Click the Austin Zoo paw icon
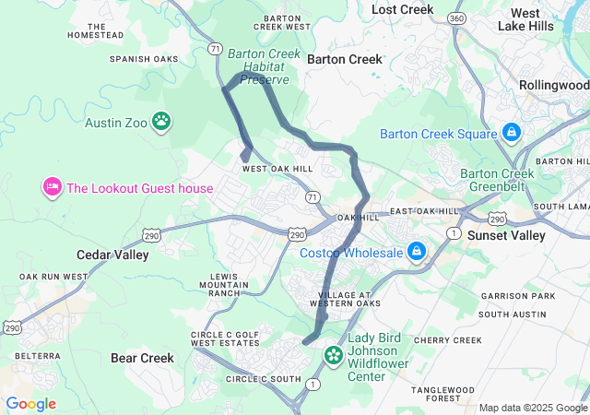pyautogui.click(x=162, y=121)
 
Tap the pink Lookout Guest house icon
pyautogui.click(x=51, y=188)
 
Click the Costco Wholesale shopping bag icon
pyautogui.click(x=417, y=252)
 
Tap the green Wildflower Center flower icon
pyautogui.click(x=333, y=355)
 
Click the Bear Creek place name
pyautogui.click(x=142, y=358)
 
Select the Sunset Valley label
pyautogui.click(x=507, y=235)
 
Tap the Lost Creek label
pyautogui.click(x=402, y=9)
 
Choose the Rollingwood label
pyautogui.click(x=553, y=85)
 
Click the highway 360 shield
pyautogui.click(x=456, y=18)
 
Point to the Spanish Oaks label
pyautogui.click(x=143, y=59)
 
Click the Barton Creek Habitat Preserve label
pyautogui.click(x=264, y=66)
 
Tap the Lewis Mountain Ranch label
pyautogui.click(x=224, y=285)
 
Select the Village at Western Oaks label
pyautogui.click(x=344, y=298)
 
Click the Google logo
pyautogui.click(x=30, y=404)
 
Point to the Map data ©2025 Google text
pyautogui.click(x=532, y=408)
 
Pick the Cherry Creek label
pyautogui.click(x=447, y=340)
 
